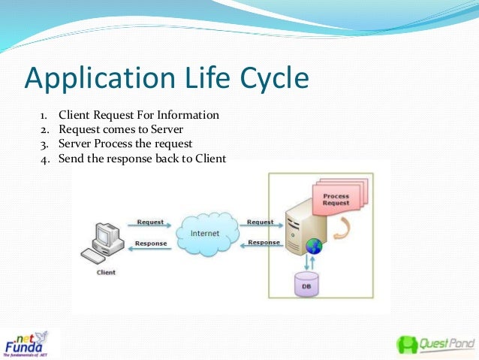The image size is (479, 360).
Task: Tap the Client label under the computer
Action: pyautogui.click(x=107, y=272)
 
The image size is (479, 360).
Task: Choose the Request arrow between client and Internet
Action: pyautogui.click(x=150, y=225)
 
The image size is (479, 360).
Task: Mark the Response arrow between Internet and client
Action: pyautogui.click(x=150, y=245)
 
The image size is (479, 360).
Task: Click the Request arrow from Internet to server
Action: pyautogui.click(x=261, y=225)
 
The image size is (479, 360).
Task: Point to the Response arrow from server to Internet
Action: pyautogui.click(x=263, y=244)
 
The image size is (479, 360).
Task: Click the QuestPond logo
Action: pyautogui.click(x=435, y=343)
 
